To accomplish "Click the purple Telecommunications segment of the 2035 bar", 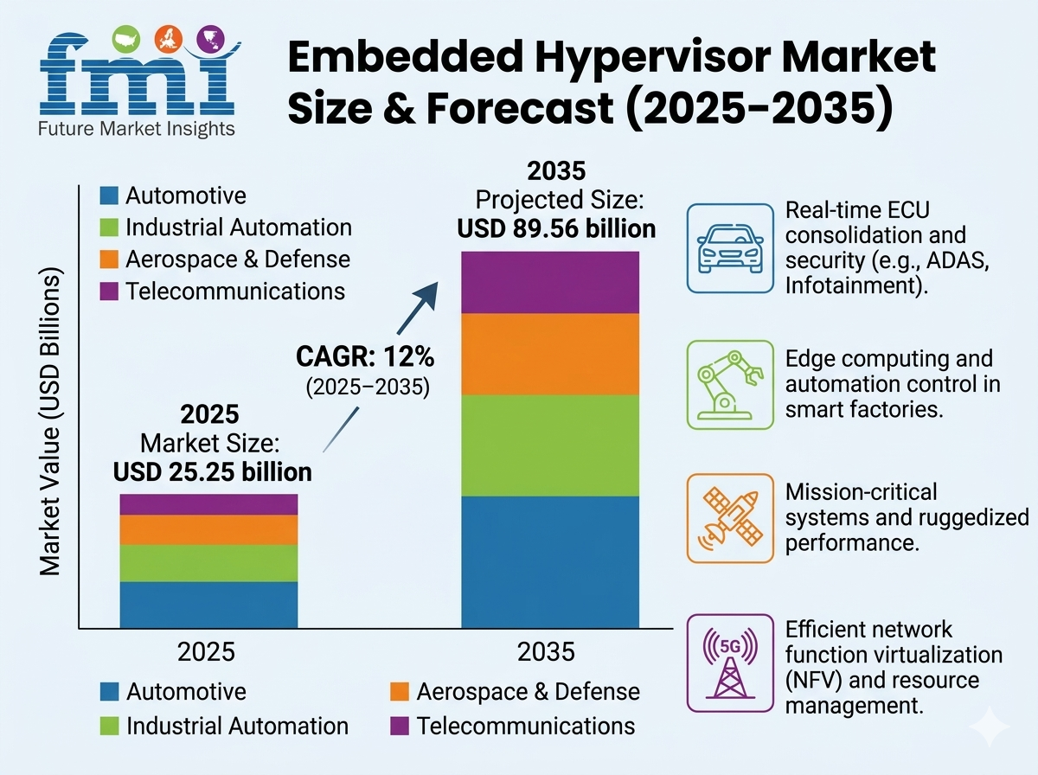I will (549, 282).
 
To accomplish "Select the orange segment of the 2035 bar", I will (549, 354).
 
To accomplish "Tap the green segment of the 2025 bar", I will (208, 563).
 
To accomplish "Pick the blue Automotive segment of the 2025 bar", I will (208, 605).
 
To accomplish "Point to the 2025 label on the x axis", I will (206, 650).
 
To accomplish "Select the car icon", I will (729, 247).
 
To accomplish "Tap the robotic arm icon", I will (729, 384).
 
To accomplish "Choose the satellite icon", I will (729, 518).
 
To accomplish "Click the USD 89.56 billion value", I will (555, 229).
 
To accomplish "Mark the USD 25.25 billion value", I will (213, 471).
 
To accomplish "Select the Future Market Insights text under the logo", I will (136, 129).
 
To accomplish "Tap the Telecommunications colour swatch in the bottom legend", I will (400, 725).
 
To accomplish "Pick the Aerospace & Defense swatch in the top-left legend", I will (109, 259).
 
